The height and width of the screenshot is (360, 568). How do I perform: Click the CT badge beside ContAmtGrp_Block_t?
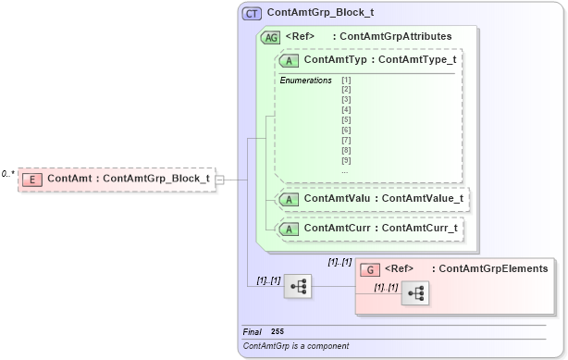[252, 14]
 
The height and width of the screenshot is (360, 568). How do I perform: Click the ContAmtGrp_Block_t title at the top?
[321, 14]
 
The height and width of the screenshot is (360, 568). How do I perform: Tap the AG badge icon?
[271, 37]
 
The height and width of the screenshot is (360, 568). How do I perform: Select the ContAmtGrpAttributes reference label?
[396, 37]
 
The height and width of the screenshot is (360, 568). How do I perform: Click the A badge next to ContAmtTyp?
[290, 60]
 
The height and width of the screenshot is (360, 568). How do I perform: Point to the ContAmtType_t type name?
[418, 60]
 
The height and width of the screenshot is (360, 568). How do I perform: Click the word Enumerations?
[305, 81]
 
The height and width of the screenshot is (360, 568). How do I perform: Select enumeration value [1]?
[346, 81]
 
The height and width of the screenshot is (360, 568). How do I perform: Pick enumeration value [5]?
[346, 119]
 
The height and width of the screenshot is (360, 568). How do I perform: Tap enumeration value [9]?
[346, 161]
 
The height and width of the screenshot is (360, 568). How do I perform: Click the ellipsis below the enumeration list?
[345, 170]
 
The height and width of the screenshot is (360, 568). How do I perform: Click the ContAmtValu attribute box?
[371, 198]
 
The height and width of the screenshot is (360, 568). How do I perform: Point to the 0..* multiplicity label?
[7, 174]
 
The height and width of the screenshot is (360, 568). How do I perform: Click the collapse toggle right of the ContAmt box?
[219, 179]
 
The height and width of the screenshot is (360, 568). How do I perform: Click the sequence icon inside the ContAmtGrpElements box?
[414, 294]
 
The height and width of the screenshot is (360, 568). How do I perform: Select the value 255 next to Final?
[278, 330]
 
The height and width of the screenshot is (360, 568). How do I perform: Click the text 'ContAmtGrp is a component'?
[296, 346]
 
